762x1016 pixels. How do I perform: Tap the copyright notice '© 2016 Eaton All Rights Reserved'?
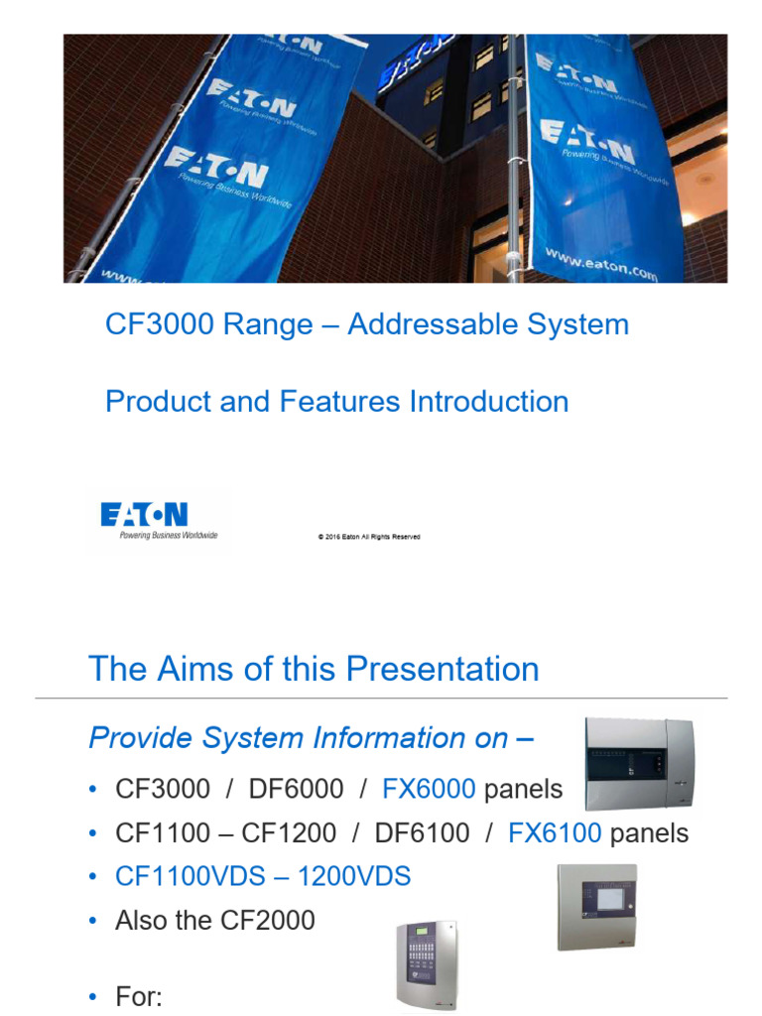pyautogui.click(x=369, y=537)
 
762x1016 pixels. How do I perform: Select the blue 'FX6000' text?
pyautogui.click(x=429, y=790)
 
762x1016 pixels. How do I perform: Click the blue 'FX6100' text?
pyautogui.click(x=555, y=833)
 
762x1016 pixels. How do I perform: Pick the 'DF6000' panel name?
pyautogui.click(x=297, y=790)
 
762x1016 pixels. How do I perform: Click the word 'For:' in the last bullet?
pyautogui.click(x=139, y=996)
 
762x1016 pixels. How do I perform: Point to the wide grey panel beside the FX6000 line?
pyautogui.click(x=641, y=765)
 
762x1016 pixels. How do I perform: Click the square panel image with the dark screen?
pyautogui.click(x=595, y=906)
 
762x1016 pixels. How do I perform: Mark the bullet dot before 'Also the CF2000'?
pyautogui.click(x=93, y=921)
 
